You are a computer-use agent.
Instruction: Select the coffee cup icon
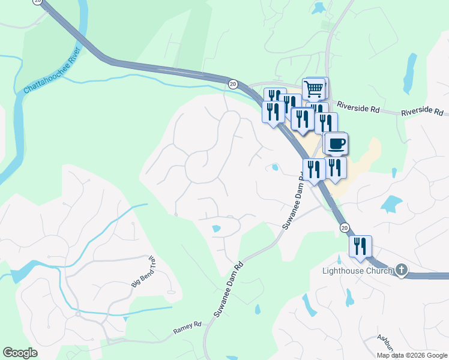(x=337, y=143)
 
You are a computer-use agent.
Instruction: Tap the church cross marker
(x=401, y=271)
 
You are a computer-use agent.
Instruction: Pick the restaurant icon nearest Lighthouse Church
(x=360, y=246)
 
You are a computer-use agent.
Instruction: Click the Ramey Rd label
(x=187, y=329)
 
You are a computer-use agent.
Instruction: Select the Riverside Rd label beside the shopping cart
(x=358, y=106)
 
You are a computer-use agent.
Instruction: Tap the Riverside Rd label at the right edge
(x=423, y=112)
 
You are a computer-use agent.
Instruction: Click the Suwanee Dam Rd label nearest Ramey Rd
(x=228, y=289)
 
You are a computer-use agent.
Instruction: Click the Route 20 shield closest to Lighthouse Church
(x=344, y=227)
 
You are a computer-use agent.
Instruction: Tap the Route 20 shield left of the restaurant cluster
(x=233, y=84)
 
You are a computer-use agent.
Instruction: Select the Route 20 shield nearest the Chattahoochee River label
(x=38, y=1)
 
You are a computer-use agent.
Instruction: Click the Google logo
(x=20, y=353)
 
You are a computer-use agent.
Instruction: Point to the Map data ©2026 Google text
(x=412, y=355)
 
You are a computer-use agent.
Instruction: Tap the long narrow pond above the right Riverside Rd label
(x=411, y=73)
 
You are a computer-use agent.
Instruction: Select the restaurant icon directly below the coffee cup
(x=334, y=167)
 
